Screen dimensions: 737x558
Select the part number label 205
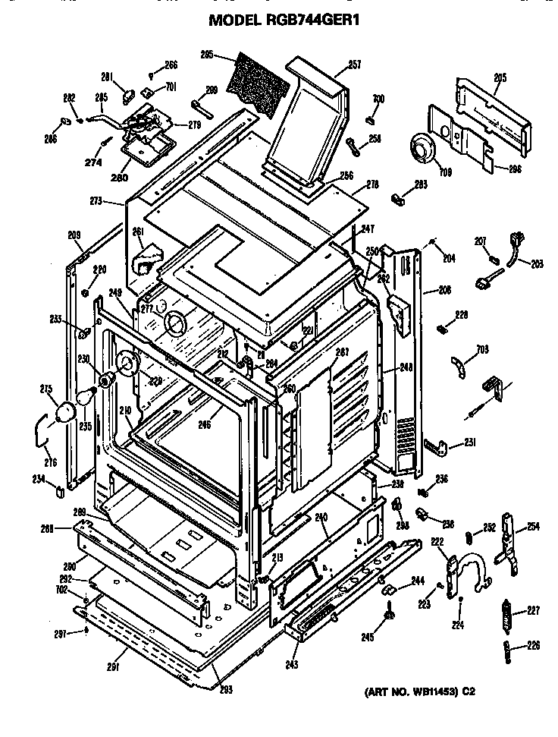click(x=500, y=77)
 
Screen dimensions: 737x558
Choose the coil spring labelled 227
click(x=508, y=609)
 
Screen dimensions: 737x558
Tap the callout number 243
click(x=291, y=665)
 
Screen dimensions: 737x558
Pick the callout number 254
click(x=533, y=527)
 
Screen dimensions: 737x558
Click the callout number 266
click(x=171, y=65)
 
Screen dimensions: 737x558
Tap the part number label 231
click(x=470, y=443)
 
